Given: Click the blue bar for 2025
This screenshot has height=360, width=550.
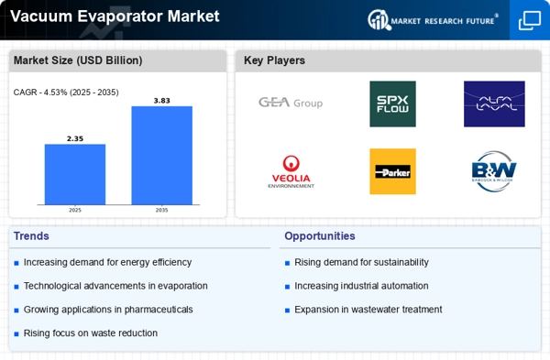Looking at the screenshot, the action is tap(75, 174).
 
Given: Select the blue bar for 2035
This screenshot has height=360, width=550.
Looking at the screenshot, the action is tap(161, 156).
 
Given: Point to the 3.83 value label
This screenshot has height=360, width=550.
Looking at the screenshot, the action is tap(161, 101).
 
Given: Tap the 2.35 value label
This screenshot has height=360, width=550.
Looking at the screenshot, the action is tap(75, 138).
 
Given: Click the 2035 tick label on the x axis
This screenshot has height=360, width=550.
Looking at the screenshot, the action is tap(161, 210).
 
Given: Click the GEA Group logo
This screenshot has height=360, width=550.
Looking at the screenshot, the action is tap(291, 103).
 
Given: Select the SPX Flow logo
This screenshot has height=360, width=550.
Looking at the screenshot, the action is tap(392, 104).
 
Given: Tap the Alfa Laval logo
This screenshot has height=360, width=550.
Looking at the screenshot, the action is tap(494, 104).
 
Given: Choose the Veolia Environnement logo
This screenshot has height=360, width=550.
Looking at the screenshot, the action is tap(291, 172).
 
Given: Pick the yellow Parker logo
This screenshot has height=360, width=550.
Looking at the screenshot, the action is tap(392, 171).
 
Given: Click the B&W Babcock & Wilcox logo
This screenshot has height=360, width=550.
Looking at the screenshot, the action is tap(494, 171).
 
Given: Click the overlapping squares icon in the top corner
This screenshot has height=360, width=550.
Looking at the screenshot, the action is tap(530, 20).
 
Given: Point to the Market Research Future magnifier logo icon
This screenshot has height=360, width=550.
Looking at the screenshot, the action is tap(379, 19).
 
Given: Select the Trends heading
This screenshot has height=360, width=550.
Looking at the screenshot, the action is tap(31, 236).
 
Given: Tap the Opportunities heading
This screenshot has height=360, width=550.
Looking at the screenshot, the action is tap(320, 236).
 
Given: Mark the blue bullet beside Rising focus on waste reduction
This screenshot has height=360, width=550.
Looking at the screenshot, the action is tap(16, 333).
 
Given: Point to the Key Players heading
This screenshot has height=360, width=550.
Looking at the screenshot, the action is tap(274, 60).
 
